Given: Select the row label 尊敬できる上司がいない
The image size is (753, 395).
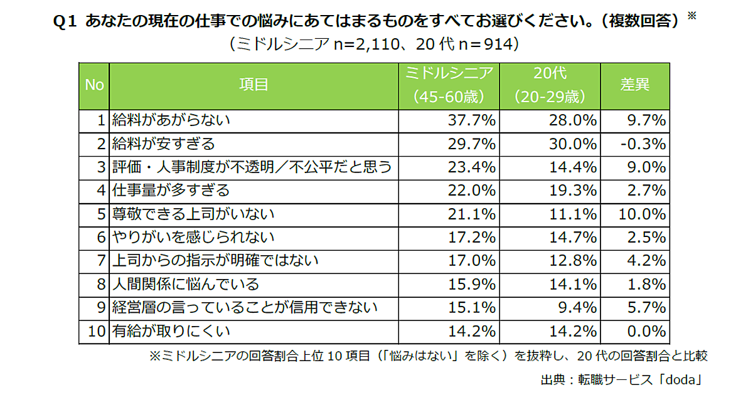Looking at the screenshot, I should (193, 214).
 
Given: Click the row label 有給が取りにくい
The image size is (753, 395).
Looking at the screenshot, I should (171, 331).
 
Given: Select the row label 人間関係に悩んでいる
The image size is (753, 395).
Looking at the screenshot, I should (185, 284).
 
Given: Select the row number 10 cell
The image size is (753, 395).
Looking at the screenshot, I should (95, 331).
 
